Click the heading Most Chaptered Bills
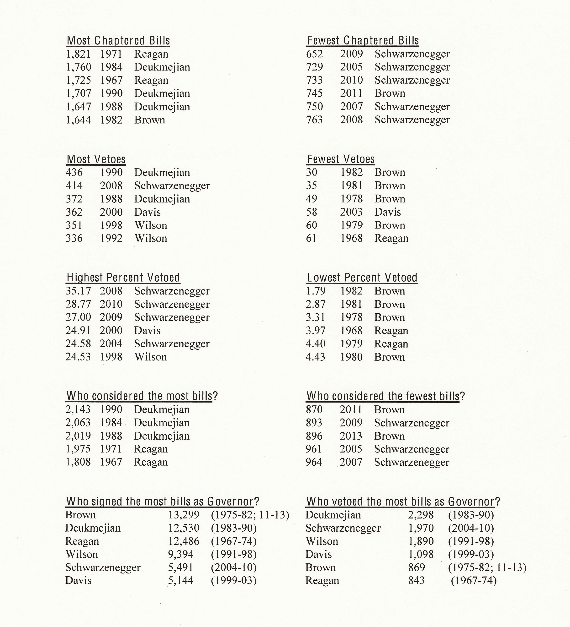[x=118, y=41]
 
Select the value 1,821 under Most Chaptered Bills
[x=78, y=54]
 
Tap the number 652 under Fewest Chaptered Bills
[x=314, y=54]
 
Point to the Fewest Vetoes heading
[x=341, y=159]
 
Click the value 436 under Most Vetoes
[x=74, y=172]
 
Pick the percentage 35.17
[x=78, y=291]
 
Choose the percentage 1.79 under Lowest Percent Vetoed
[x=316, y=291]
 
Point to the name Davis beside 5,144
[x=78, y=580]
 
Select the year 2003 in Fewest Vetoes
[x=351, y=212]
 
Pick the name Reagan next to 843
[x=322, y=580]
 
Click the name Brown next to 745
[x=390, y=93]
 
